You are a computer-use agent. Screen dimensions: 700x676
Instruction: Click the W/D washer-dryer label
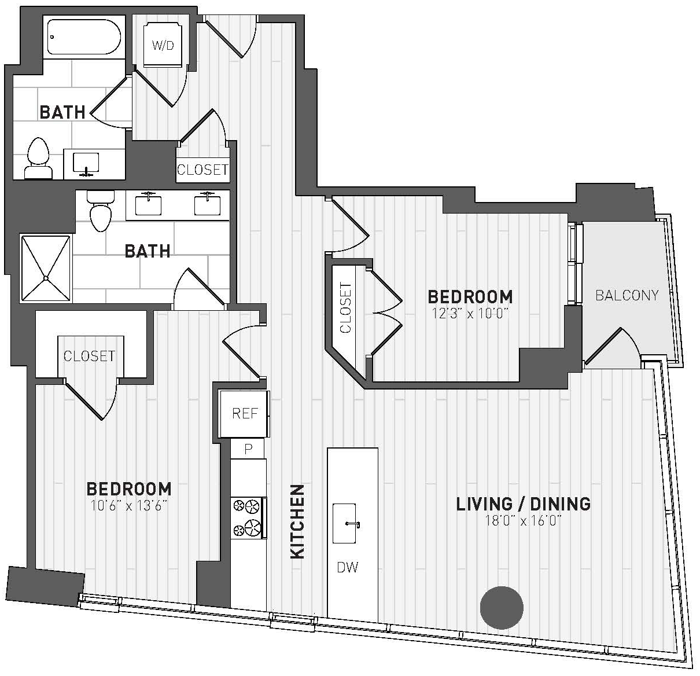[163, 45]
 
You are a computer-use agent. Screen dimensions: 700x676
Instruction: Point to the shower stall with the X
[46, 268]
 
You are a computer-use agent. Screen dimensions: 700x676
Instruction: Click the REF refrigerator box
[244, 414]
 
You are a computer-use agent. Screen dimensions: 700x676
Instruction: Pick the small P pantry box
[248, 449]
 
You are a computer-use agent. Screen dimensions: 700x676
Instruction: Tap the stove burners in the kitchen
[247, 518]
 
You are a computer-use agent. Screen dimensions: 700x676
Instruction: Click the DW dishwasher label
[348, 568]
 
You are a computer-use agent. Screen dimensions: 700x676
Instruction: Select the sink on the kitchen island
[345, 523]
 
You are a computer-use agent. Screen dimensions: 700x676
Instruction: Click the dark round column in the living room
[502, 608]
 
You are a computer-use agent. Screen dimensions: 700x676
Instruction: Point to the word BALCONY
[627, 296]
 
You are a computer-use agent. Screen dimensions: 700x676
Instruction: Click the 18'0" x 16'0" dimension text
[524, 521]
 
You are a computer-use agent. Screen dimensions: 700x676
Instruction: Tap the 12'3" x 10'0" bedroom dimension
[470, 314]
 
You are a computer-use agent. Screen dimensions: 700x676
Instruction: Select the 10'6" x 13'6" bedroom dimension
[129, 506]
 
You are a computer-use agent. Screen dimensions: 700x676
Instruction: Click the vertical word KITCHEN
[298, 522]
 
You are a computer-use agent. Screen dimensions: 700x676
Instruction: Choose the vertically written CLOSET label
[345, 308]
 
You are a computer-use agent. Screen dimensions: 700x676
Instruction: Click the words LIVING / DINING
[524, 504]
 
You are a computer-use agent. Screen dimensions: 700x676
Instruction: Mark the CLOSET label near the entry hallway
[202, 170]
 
